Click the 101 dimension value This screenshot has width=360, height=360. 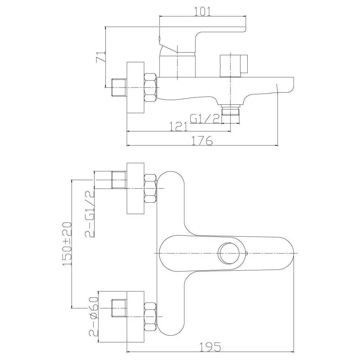coord(202,12)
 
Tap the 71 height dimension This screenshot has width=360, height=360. coord(101,57)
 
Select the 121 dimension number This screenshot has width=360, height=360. coord(179,126)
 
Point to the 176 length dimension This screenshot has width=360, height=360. coord(202,140)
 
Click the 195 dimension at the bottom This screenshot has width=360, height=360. coord(210,347)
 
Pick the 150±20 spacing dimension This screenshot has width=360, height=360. coord(67,244)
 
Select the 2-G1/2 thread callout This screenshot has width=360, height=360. coord(90,214)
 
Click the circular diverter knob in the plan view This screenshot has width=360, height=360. coord(229,253)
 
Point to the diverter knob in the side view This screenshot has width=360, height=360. coord(234,66)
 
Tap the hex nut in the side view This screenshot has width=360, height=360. coord(150,87)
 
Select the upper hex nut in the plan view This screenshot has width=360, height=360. coord(150,189)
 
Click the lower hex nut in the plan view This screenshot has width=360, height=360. coord(150,316)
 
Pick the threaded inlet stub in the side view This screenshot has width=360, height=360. coord(119,87)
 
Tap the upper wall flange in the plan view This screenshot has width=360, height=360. coord(135,189)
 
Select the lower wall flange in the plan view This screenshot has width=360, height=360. coord(135,317)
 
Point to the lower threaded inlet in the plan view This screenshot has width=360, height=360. coord(119,309)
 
